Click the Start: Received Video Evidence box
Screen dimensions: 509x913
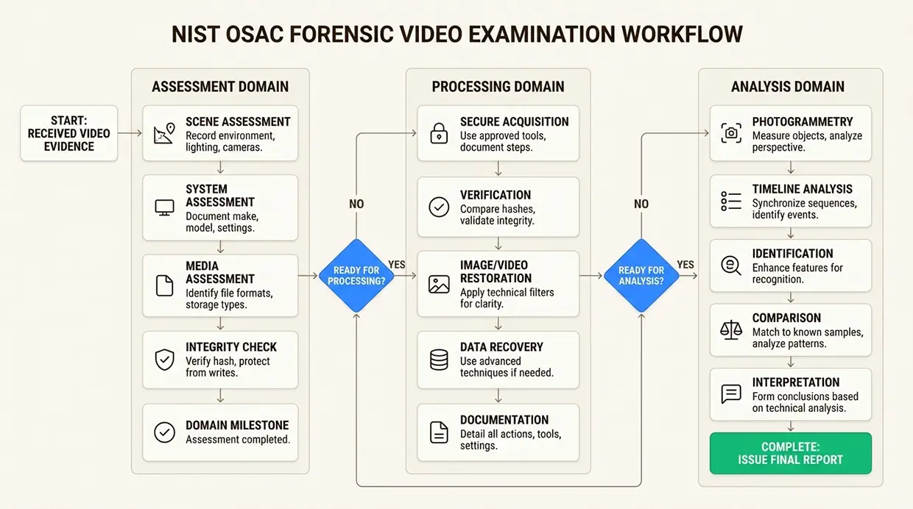click(x=69, y=134)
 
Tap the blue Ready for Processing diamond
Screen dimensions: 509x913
click(x=356, y=276)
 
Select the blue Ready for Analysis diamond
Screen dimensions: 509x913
click(x=641, y=276)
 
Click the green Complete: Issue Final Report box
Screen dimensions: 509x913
click(x=790, y=453)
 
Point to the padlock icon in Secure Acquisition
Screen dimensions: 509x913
click(x=439, y=133)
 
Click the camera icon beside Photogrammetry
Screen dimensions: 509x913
click(x=731, y=133)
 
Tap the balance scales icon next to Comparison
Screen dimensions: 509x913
click(x=731, y=330)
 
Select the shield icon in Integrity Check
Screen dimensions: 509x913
click(x=164, y=360)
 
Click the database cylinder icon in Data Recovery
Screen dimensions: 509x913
click(x=439, y=360)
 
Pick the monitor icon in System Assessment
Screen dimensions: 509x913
click(x=164, y=207)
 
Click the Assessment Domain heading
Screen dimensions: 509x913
click(x=220, y=87)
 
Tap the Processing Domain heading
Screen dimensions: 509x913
click(x=498, y=87)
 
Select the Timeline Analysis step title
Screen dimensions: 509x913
click(x=802, y=189)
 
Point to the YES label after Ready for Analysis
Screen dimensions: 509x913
click(x=685, y=265)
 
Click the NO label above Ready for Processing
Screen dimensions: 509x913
click(x=356, y=204)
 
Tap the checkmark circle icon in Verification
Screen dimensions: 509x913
click(x=439, y=207)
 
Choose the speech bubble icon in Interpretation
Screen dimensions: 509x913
click(x=731, y=394)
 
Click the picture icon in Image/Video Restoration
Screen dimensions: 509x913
click(x=439, y=285)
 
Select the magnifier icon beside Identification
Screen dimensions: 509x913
click(x=731, y=266)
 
